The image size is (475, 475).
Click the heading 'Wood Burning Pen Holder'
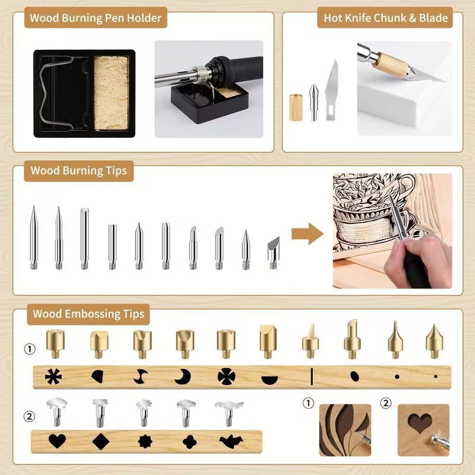[96, 18]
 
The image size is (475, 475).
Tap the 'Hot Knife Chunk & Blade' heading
[385, 18]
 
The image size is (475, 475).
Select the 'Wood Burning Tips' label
[79, 171]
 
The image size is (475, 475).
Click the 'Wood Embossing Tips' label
[88, 313]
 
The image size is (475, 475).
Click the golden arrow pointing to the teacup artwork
[307, 233]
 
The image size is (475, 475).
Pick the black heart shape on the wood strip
[57, 441]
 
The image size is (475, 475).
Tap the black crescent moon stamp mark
[183, 376]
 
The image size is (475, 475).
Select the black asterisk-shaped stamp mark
[54, 376]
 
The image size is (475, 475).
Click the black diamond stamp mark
[100, 441]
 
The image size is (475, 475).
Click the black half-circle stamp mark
[269, 378]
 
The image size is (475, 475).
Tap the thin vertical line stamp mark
[312, 376]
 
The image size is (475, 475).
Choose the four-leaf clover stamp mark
[189, 441]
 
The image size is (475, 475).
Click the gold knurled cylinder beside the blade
[296, 107]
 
